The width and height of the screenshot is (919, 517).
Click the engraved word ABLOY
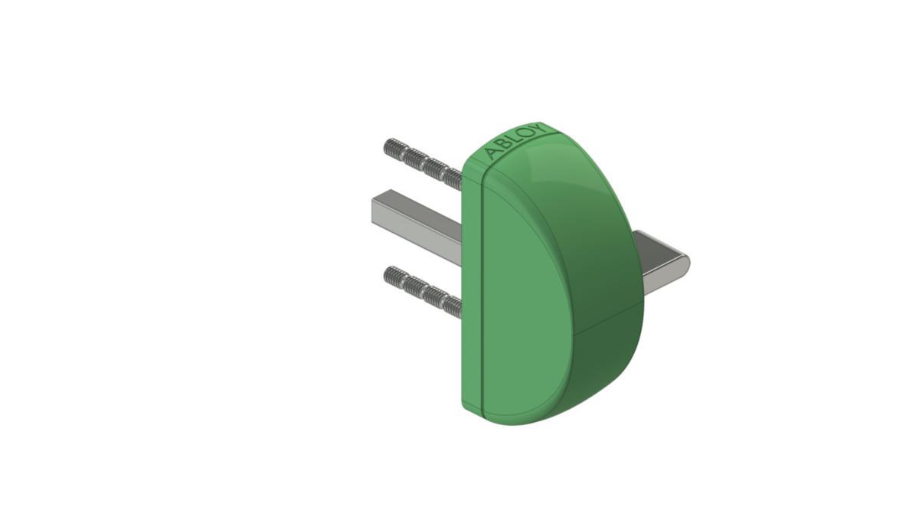pos(517,141)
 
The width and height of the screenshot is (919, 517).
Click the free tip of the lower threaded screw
pos(388,273)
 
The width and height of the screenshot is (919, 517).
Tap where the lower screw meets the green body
pos(459,309)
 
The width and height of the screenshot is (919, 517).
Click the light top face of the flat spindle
pos(417,211)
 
